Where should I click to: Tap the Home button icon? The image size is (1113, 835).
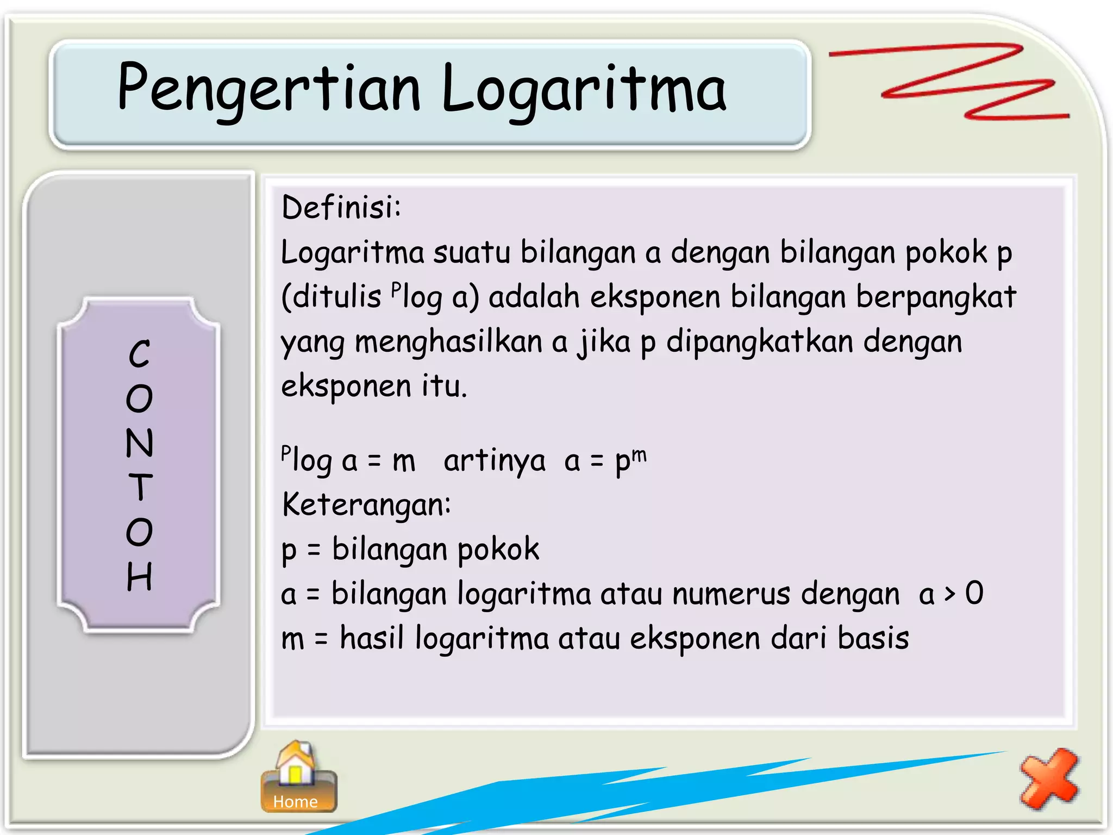298,777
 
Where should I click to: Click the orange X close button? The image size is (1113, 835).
1049,778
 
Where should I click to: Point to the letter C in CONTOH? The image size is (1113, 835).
140,354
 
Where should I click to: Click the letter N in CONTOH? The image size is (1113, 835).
140,443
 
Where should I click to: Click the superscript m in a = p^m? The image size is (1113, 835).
639,454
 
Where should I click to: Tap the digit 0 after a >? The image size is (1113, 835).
974,593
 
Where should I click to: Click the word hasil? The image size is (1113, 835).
372,638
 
